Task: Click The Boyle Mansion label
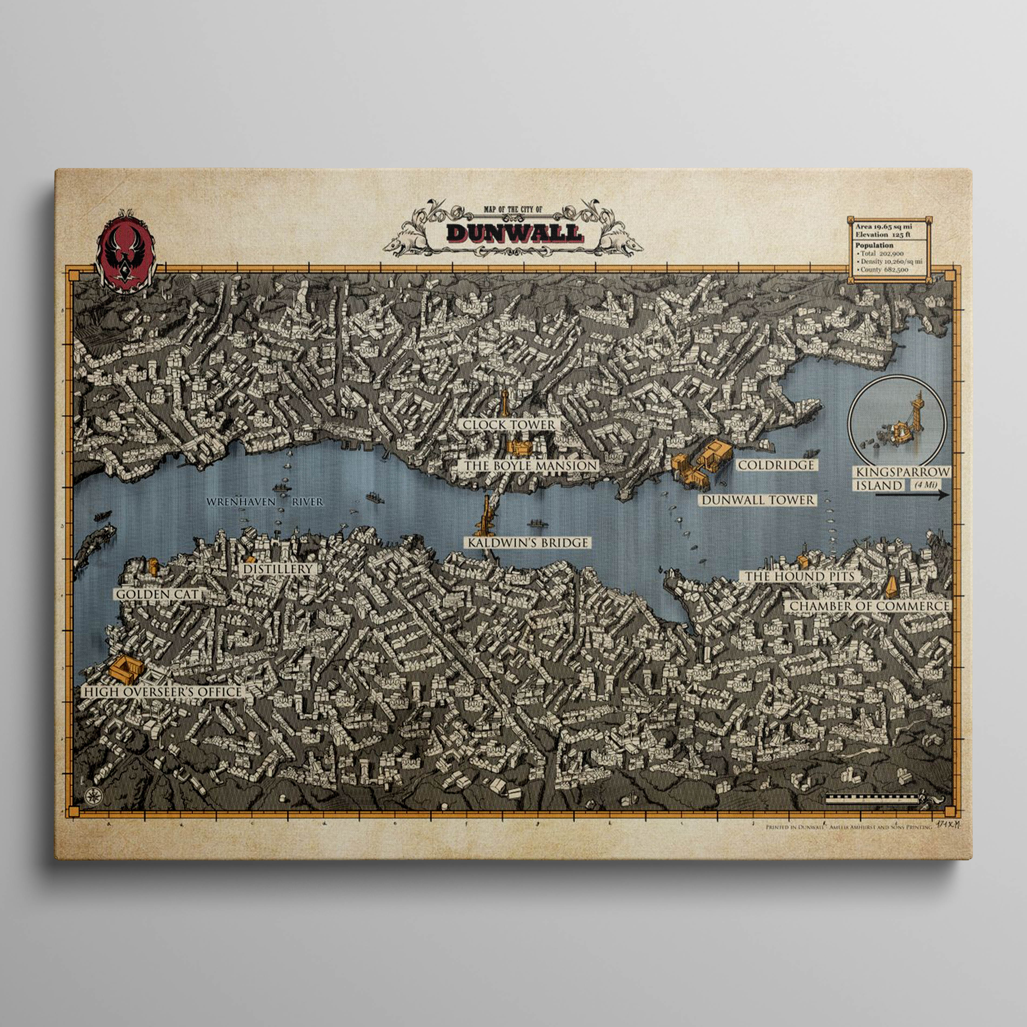[x=530, y=466]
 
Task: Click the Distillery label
[x=278, y=569]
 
